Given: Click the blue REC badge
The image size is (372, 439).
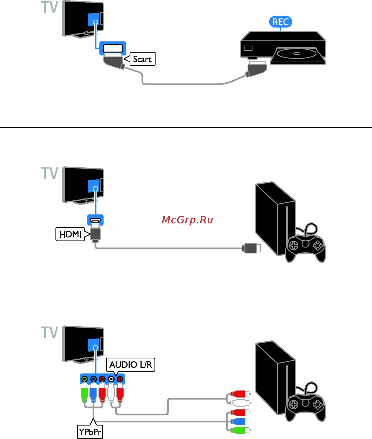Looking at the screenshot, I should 280,22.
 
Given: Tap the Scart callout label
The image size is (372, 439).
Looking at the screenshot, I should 142,59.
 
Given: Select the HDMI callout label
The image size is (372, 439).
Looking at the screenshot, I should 70,234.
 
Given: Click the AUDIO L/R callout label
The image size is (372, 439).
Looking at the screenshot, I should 130,365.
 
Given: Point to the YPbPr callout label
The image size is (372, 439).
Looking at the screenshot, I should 90,432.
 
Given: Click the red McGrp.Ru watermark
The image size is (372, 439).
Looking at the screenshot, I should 187,220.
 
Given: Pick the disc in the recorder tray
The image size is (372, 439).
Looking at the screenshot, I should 297,54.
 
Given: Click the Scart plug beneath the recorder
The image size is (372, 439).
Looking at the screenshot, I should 257,69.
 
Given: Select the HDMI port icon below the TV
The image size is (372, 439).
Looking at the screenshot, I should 95,220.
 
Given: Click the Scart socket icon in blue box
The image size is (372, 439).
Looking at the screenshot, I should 113,48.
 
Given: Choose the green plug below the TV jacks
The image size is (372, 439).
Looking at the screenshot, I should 85,394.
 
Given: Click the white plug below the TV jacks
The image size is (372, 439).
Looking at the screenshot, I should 111,394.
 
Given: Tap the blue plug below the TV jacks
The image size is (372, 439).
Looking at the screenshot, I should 93,394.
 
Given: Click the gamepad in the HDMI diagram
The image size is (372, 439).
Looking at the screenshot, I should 305,247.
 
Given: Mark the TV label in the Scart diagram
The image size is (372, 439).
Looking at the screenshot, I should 50,7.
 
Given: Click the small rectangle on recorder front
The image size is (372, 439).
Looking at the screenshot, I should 248,48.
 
